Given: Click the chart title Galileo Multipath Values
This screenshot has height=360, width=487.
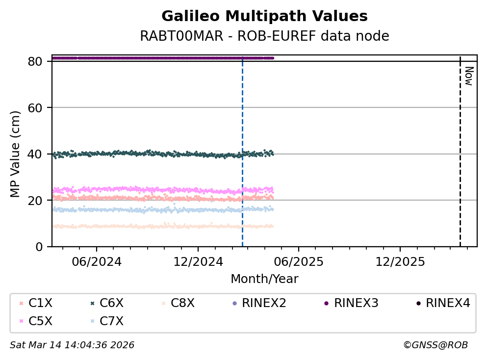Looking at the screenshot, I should [264, 16].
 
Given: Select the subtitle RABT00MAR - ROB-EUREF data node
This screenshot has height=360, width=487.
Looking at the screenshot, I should [264, 36].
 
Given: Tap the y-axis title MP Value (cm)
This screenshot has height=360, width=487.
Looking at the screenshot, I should [16, 154].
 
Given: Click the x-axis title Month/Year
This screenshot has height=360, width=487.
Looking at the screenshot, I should [264, 279].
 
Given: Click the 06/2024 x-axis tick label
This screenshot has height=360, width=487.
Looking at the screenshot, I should [97, 260].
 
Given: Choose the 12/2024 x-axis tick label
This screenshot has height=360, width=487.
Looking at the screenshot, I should [197, 260].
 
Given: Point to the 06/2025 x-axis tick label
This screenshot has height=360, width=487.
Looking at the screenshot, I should [298, 260].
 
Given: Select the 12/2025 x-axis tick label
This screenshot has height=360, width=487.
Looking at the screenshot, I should [399, 260].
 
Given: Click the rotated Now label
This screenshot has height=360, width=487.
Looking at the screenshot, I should [468, 76].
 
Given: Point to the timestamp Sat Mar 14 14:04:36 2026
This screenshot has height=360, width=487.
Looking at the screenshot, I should [72, 345].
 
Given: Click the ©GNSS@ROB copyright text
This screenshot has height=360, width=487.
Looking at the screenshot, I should [436, 345].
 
